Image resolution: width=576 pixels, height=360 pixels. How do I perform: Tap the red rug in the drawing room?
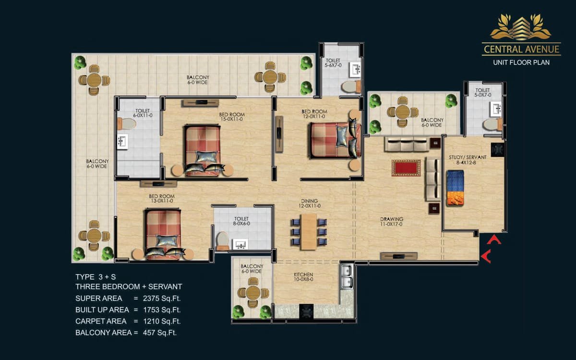coord(406,168)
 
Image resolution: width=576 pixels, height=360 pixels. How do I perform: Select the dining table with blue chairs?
coord(309,232)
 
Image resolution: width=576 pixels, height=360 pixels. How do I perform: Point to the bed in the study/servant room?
coord(455,188)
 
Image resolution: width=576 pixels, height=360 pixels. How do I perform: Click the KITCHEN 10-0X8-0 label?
coord(303,277)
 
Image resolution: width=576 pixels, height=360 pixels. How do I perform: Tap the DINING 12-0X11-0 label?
coord(309,203)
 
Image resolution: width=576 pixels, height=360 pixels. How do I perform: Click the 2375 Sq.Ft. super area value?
coord(162,299)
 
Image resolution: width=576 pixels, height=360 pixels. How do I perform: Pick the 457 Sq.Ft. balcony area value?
coord(160,333)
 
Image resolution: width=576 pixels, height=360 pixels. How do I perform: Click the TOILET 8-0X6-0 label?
coord(241,221)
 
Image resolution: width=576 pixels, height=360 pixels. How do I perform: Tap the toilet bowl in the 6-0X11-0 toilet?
coord(127,124)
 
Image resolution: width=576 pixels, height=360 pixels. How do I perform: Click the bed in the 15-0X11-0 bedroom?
coord(203,150)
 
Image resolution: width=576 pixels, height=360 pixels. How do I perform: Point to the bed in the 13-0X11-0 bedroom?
coord(163,234)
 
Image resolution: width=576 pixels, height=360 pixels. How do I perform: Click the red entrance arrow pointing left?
coord(486,256)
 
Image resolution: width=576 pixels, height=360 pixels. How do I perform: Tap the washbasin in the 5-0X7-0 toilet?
coord(496,109)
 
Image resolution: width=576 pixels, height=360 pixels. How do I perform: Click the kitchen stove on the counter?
coord(306,312)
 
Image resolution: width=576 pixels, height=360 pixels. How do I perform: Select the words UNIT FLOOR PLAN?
coord(521,62)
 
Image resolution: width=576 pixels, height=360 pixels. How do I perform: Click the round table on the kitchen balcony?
coord(253,293)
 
